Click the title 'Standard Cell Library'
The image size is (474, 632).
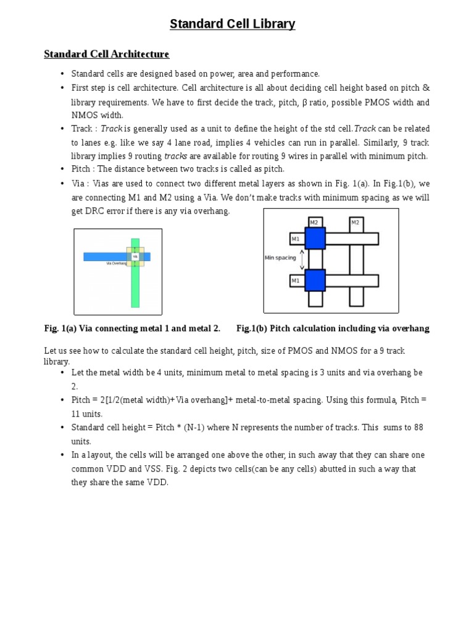coord(233,24)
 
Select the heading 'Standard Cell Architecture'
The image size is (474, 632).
coord(106,54)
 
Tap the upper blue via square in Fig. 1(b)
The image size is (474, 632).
coord(315,238)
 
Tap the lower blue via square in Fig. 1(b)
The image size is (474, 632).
coord(315,280)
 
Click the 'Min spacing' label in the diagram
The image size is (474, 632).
coord(280,258)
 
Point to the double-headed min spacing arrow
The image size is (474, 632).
coord(302,259)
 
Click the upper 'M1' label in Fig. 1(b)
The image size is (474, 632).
coord(296,239)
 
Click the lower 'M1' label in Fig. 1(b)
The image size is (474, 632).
coord(296,281)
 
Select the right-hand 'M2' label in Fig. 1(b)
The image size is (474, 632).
coord(355,222)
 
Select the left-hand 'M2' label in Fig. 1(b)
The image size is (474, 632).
coord(314,222)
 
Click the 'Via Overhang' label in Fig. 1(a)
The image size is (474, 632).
coord(117,263)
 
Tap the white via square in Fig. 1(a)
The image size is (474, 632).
coord(135,256)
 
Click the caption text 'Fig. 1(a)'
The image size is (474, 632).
coord(60,328)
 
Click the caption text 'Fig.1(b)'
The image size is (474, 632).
coord(252,328)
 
